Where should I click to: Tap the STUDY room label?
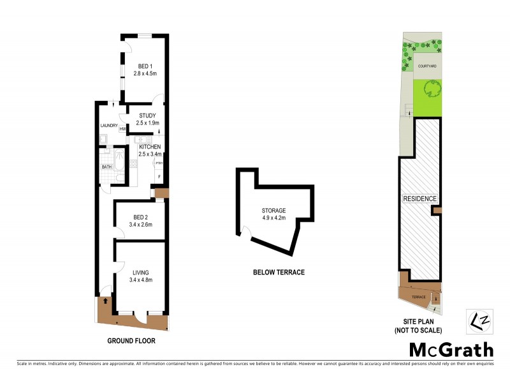(x=147, y=116)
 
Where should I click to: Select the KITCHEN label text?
(x=150, y=147)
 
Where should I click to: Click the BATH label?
(x=106, y=168)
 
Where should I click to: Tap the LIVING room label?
(x=141, y=273)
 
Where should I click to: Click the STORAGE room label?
(x=273, y=210)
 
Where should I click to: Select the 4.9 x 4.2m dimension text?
(x=273, y=218)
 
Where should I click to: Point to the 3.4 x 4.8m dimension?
(x=141, y=280)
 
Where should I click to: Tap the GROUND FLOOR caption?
(x=131, y=341)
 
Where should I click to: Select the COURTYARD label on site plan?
(x=427, y=66)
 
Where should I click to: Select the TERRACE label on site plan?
(x=418, y=297)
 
